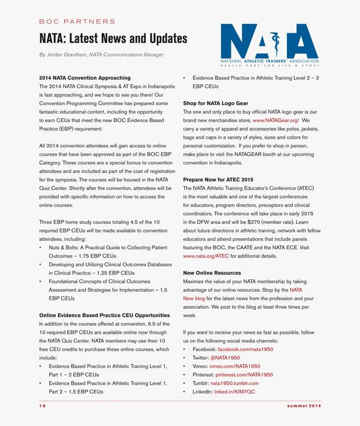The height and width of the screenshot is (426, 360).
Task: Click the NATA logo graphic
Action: point(270,44)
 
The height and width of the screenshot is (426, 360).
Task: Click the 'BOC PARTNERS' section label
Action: point(77,21)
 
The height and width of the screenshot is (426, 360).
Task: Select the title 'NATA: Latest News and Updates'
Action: point(113,39)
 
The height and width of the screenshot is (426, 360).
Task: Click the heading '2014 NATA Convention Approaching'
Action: point(85,78)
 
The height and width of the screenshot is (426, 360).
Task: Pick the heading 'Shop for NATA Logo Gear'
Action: point(215,103)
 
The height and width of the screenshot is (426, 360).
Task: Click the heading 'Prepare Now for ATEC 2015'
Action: point(218,179)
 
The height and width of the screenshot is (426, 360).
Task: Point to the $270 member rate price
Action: point(255,222)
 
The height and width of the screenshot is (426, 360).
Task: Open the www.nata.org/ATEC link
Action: point(206,256)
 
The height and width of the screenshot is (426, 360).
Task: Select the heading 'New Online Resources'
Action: point(212,273)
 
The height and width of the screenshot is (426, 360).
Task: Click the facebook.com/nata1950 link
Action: point(245,349)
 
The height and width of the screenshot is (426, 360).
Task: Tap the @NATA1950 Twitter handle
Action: point(225,358)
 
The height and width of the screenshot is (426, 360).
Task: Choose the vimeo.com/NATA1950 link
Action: point(234,366)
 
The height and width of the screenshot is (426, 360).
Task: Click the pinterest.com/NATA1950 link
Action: point(244,375)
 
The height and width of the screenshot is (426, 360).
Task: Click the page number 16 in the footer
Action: point(42,406)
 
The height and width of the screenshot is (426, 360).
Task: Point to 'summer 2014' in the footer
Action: point(304,406)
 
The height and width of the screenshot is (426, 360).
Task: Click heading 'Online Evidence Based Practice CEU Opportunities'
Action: point(104,315)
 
